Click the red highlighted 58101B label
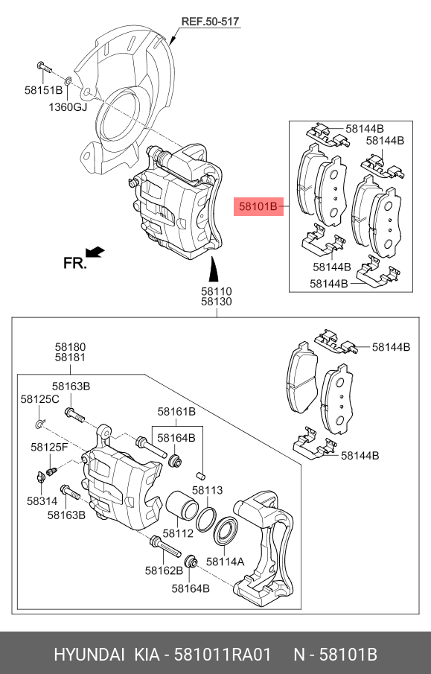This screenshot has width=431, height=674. (258, 206)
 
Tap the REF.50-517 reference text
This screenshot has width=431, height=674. (210, 22)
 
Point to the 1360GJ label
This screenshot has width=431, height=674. (68, 106)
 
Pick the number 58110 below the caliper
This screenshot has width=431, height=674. (216, 290)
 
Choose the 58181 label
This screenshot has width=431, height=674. (70, 358)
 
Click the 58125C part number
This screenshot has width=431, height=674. (39, 400)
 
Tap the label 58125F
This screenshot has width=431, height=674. (49, 447)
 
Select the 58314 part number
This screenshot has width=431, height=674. (42, 502)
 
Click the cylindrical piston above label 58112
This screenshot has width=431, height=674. (181, 508)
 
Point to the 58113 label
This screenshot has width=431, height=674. (208, 490)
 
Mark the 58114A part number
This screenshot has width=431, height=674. (225, 562)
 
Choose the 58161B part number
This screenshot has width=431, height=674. (176, 411)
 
